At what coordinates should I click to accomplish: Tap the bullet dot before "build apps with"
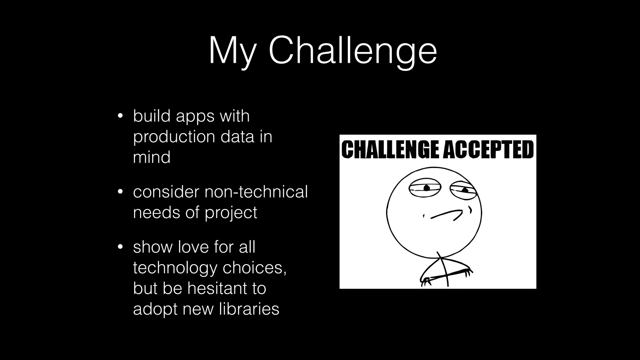(120, 116)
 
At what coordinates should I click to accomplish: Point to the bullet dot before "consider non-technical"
(120, 192)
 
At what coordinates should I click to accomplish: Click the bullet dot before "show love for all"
(120, 247)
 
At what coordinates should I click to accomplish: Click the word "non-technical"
(256, 192)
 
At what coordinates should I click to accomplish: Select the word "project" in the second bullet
(231, 213)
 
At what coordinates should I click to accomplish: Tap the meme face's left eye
(425, 188)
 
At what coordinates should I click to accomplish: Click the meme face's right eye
(463, 189)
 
